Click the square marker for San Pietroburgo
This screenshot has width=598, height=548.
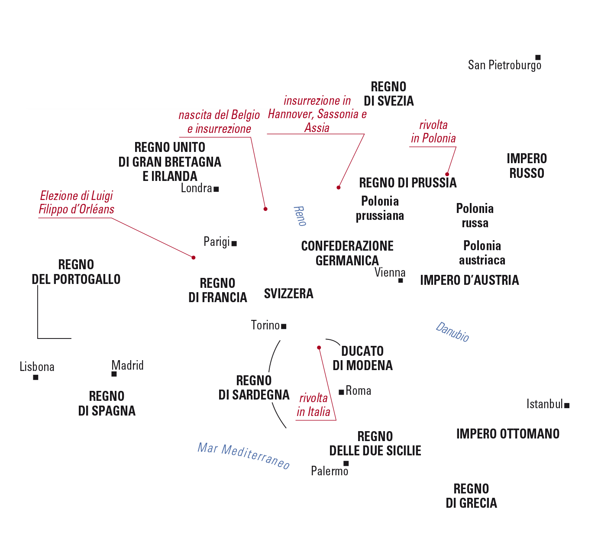tap(538, 57)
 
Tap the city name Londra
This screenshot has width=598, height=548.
tap(196, 188)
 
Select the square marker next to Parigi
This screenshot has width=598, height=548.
tap(234, 243)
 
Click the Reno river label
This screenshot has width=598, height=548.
tap(300, 216)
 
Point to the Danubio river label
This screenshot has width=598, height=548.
tap(452, 332)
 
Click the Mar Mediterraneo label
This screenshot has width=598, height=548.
tap(243, 456)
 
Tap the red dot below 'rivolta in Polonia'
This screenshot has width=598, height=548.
tap(447, 174)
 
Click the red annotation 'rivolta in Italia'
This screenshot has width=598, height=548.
tap(314, 405)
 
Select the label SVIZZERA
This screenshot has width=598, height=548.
tap(288, 293)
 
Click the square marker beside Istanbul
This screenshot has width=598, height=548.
tap(567, 405)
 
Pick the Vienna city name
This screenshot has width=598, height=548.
tap(390, 272)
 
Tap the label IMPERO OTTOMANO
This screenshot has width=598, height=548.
tap(507, 434)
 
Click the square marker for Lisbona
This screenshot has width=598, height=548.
tap(36, 377)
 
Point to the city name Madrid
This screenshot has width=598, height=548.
tap(128, 365)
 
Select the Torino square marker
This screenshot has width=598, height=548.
tap(284, 326)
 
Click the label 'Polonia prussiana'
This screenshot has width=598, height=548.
tap(380, 208)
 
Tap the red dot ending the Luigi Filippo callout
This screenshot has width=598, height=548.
tap(194, 258)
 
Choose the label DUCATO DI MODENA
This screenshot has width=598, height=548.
tap(362, 358)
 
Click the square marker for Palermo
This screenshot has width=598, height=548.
tap(346, 463)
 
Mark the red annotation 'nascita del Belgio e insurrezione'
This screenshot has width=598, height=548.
tap(219, 122)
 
